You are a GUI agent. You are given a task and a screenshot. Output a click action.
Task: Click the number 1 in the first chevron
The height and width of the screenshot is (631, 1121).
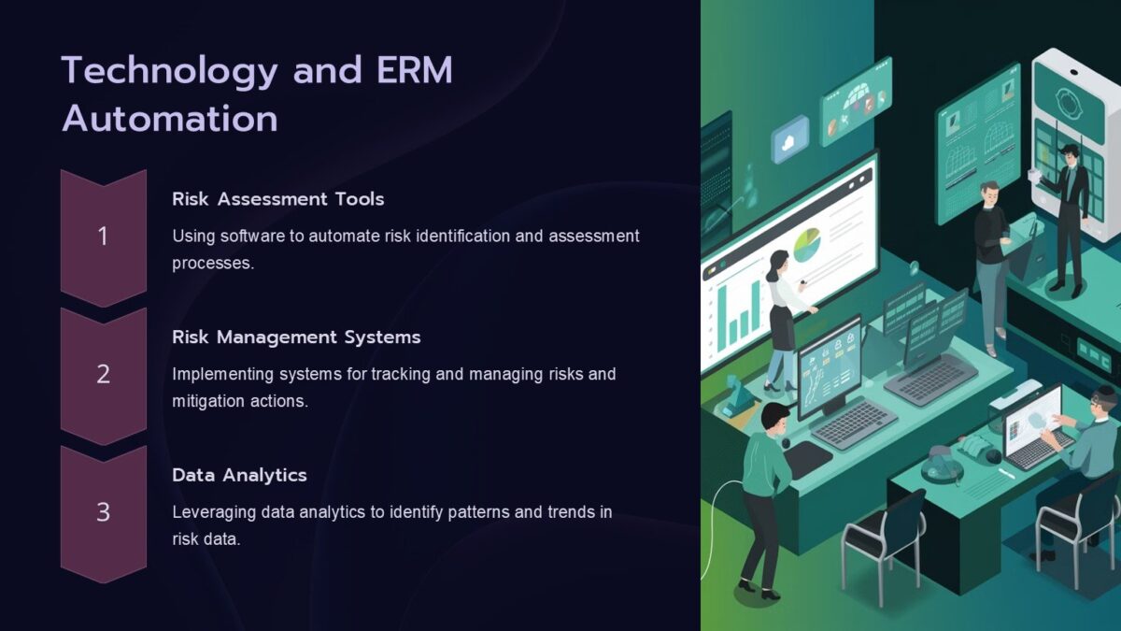click(x=103, y=237)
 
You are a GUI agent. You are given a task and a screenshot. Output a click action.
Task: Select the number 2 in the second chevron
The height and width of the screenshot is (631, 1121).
click(x=103, y=375)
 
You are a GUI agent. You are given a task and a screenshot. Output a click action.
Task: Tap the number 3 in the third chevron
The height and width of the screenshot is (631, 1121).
click(x=103, y=512)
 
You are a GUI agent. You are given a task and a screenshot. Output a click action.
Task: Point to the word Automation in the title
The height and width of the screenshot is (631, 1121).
click(x=169, y=120)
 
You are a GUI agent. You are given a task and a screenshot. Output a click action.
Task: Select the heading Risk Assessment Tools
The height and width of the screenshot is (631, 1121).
click(x=277, y=199)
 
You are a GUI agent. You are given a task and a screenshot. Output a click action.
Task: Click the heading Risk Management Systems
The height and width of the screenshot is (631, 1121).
click(x=296, y=337)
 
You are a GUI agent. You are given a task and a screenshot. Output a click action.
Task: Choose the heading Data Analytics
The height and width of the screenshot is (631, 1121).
click(x=239, y=475)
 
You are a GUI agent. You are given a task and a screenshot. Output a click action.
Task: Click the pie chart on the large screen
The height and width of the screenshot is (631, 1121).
click(x=806, y=245)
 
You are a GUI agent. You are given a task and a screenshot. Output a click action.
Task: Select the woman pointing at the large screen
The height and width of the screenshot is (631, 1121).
click(x=783, y=318)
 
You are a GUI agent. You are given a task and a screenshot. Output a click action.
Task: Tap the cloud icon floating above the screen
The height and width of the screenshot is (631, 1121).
click(x=789, y=139)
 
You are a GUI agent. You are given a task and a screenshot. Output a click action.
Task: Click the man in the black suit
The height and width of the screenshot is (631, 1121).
click(x=1067, y=215)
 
